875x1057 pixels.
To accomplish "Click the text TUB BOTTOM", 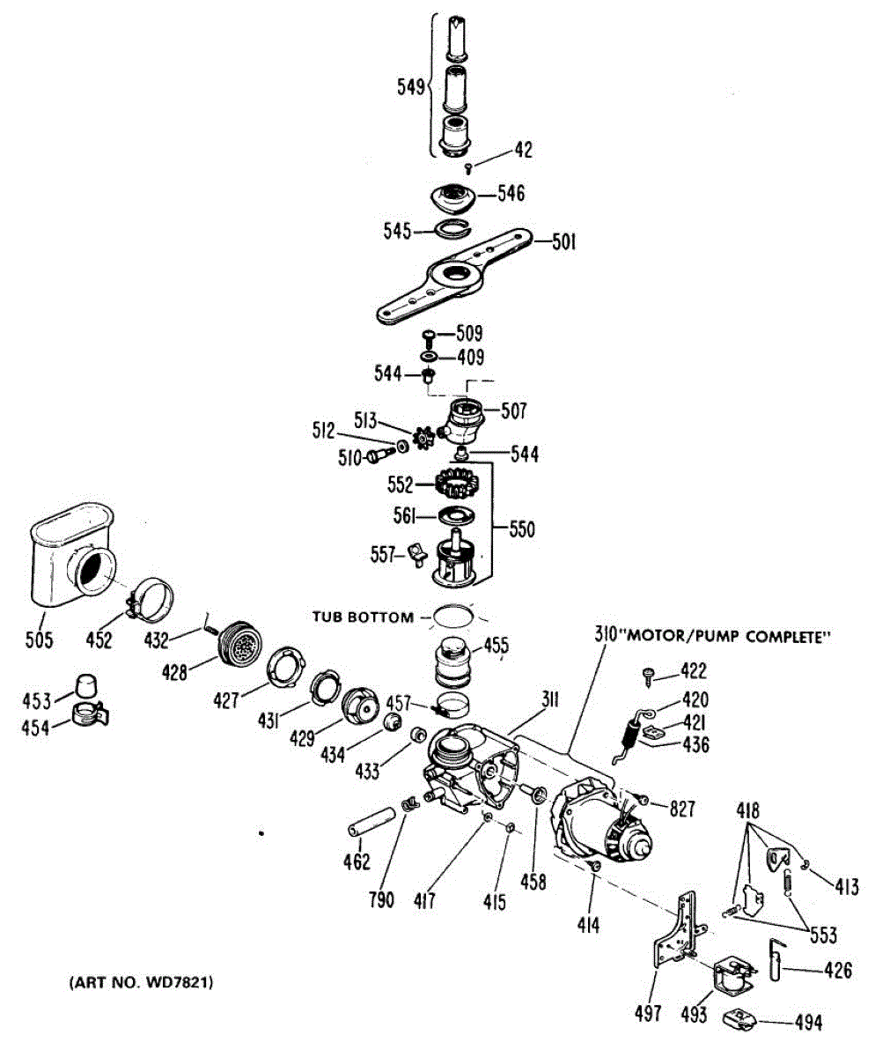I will click(x=362, y=617).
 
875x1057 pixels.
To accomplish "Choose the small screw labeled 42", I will click(x=468, y=167).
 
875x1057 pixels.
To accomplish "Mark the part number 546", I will click(x=511, y=193).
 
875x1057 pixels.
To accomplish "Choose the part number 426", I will click(x=837, y=972).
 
